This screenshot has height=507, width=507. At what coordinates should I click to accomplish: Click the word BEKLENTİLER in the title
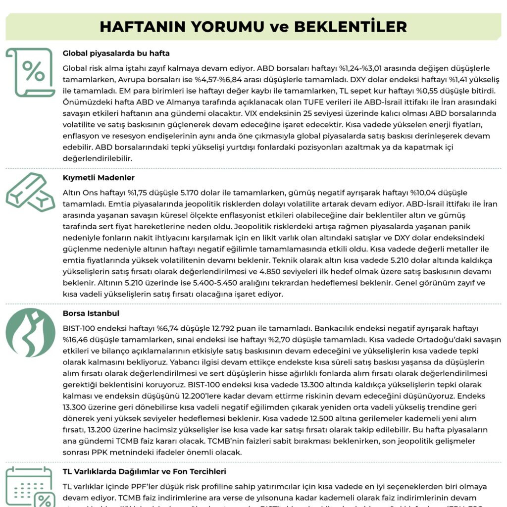(x=351, y=26)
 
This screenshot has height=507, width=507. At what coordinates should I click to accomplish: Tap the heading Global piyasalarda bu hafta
(x=116, y=53)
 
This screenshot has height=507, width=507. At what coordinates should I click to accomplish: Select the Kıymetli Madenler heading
(x=99, y=177)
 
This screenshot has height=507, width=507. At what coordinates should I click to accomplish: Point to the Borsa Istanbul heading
(x=91, y=313)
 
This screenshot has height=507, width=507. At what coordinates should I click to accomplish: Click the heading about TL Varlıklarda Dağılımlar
(x=145, y=471)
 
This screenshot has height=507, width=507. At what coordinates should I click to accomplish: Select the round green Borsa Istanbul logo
(x=30, y=333)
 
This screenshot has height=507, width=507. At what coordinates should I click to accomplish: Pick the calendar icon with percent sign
(x=30, y=487)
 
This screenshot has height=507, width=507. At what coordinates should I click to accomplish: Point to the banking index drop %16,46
(x=77, y=339)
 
